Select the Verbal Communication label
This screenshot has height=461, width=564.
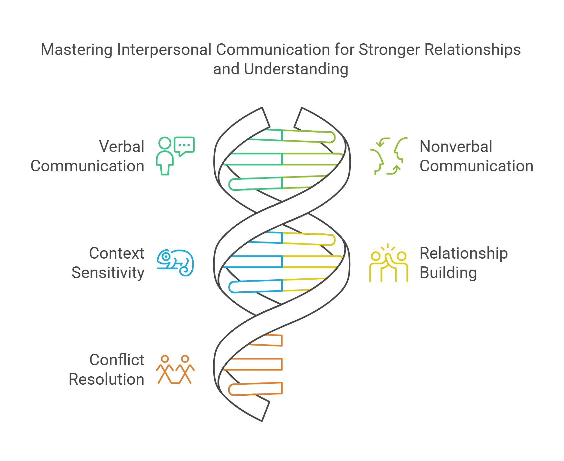coord(88,156)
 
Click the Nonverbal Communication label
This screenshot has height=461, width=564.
coord(476,156)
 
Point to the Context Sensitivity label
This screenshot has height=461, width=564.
coord(108,263)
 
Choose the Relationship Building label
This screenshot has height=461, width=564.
coord(463,263)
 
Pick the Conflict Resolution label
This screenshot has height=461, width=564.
coord(106,370)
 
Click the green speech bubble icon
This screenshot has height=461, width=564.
coord(184,145)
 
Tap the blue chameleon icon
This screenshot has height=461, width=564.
coord(176,263)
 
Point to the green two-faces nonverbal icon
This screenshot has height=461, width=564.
coord(388,156)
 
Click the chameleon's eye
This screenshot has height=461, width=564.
coord(166,257)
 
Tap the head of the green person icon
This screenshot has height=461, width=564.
coord(165,143)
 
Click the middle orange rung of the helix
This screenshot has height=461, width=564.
coord(255,364)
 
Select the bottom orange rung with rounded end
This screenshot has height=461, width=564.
coord(255,389)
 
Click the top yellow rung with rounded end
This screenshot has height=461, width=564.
coord(309,239)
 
